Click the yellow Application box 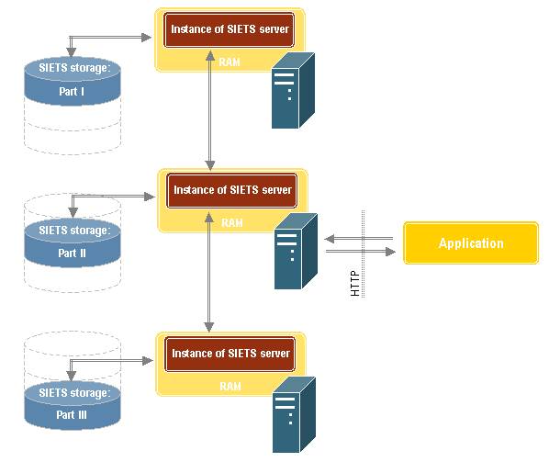(x=471, y=242)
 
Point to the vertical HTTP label (x=354, y=283)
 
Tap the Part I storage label (x=72, y=92)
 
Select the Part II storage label (x=72, y=253)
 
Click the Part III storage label (x=72, y=415)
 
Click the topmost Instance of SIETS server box (x=230, y=29)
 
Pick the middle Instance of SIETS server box (x=231, y=190)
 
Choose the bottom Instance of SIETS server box (x=230, y=354)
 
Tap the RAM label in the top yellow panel (x=230, y=62)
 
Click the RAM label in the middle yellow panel (x=232, y=223)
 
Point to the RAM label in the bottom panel (x=230, y=387)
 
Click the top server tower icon (x=293, y=90)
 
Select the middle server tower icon (x=296, y=251)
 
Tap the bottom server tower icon (x=294, y=415)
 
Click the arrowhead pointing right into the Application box (x=390, y=252)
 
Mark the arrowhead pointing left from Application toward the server (x=330, y=239)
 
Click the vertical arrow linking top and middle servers (x=210, y=110)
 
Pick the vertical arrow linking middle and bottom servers (x=209, y=272)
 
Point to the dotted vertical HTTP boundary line (x=363, y=254)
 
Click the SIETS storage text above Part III (x=74, y=392)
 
